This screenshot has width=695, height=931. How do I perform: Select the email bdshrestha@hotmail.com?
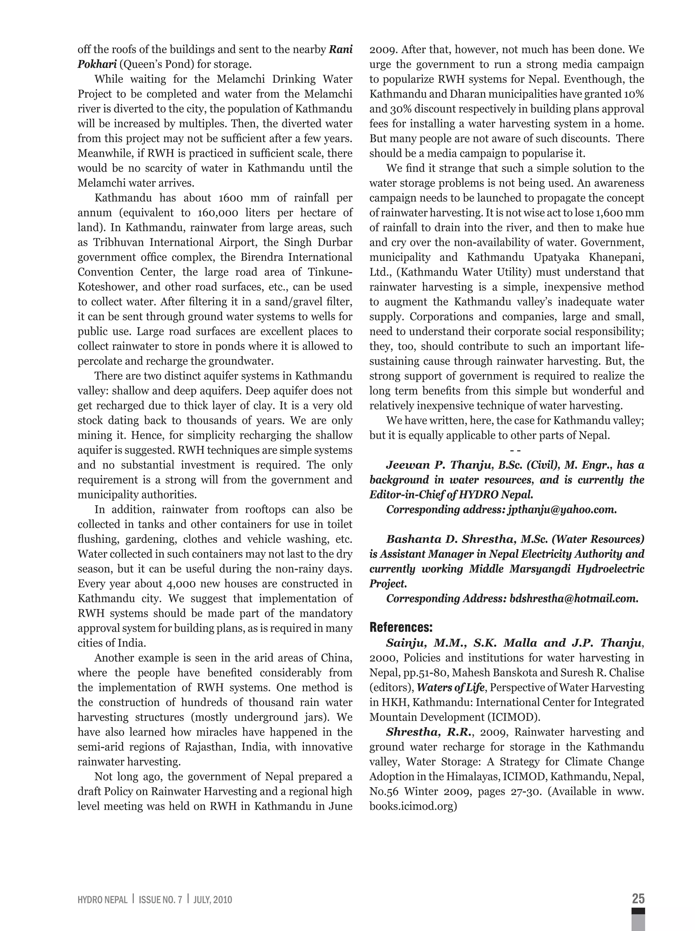coord(574,598)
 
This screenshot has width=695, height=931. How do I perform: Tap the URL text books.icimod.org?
coord(413,806)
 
